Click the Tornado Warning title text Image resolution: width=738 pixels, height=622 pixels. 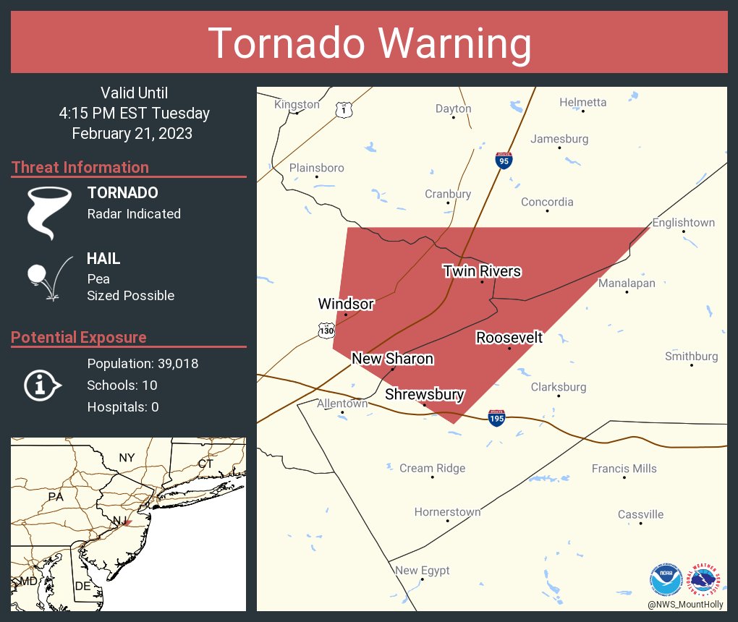369,43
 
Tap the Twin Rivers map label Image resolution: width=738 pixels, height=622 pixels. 482,271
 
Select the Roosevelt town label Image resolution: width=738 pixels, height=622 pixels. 509,338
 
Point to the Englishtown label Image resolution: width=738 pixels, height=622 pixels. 683,223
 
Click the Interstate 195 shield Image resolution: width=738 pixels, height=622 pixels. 496,418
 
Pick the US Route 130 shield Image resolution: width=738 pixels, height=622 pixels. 326,331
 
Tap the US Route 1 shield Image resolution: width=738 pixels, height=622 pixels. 344,109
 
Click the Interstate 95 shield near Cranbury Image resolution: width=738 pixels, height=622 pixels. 504,161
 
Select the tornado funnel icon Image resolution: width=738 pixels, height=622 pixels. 49,212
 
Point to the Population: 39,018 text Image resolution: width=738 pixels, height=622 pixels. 143,363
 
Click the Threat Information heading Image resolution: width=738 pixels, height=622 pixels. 80,167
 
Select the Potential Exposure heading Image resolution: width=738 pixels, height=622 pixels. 79,337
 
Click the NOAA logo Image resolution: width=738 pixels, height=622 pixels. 666,579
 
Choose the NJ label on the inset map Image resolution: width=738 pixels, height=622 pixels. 119,521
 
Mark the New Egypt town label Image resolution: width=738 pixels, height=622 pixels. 422,571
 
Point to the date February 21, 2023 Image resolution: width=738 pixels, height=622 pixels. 132,133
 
